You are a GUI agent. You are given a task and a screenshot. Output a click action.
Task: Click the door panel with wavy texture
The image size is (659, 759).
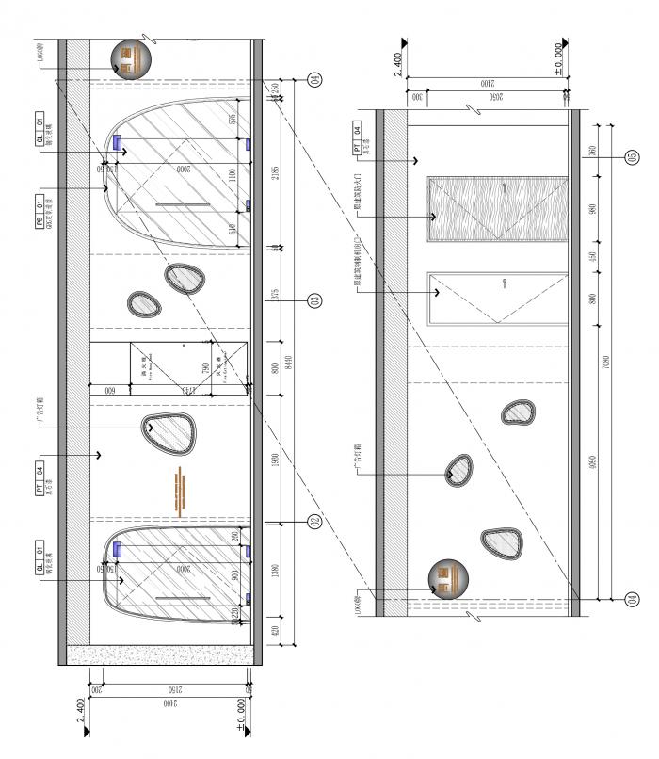point(497,209)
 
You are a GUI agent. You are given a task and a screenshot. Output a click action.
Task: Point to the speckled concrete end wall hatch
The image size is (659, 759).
point(160,652)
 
